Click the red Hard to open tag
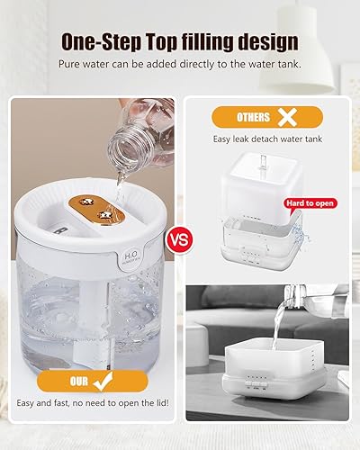[x=310, y=203]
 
